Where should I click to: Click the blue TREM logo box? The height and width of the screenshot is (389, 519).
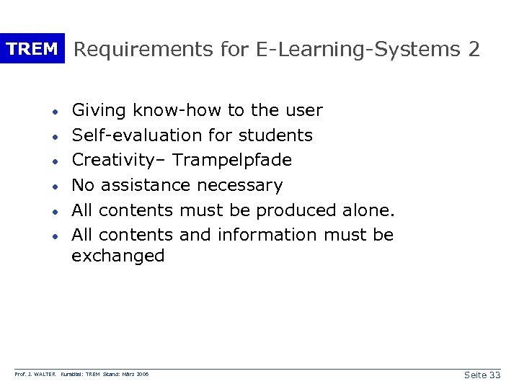(x=32, y=49)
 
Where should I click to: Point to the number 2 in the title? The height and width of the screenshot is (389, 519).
(x=474, y=49)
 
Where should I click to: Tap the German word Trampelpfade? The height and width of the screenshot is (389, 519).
(x=232, y=160)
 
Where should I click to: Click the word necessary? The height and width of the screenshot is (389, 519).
(x=239, y=185)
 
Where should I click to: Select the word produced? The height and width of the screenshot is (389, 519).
(x=296, y=210)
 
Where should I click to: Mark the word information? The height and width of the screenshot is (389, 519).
(x=267, y=235)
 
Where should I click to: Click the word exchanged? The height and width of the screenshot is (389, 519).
(x=118, y=256)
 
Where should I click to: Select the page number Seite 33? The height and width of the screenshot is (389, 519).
(x=482, y=375)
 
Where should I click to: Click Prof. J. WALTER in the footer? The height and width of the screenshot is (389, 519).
(x=36, y=375)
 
